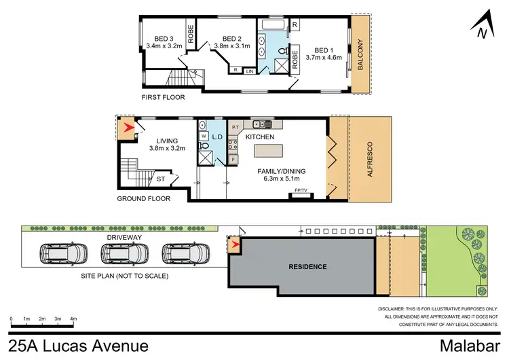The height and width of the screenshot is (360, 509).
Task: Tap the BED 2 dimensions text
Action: point(233,46)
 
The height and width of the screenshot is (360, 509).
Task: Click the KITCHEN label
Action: point(260,137)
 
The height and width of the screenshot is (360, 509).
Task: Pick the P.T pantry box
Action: point(235,126)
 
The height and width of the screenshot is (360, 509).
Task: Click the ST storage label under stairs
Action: point(160,179)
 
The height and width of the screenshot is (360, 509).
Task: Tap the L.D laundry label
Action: point(217,137)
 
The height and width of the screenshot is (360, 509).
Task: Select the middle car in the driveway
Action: point(125,254)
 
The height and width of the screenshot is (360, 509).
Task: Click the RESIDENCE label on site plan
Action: point(307,266)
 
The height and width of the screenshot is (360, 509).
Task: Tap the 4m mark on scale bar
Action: point(73,319)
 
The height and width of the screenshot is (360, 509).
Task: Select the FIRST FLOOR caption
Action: point(162,98)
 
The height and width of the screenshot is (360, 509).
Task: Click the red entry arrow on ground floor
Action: point(126,128)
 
